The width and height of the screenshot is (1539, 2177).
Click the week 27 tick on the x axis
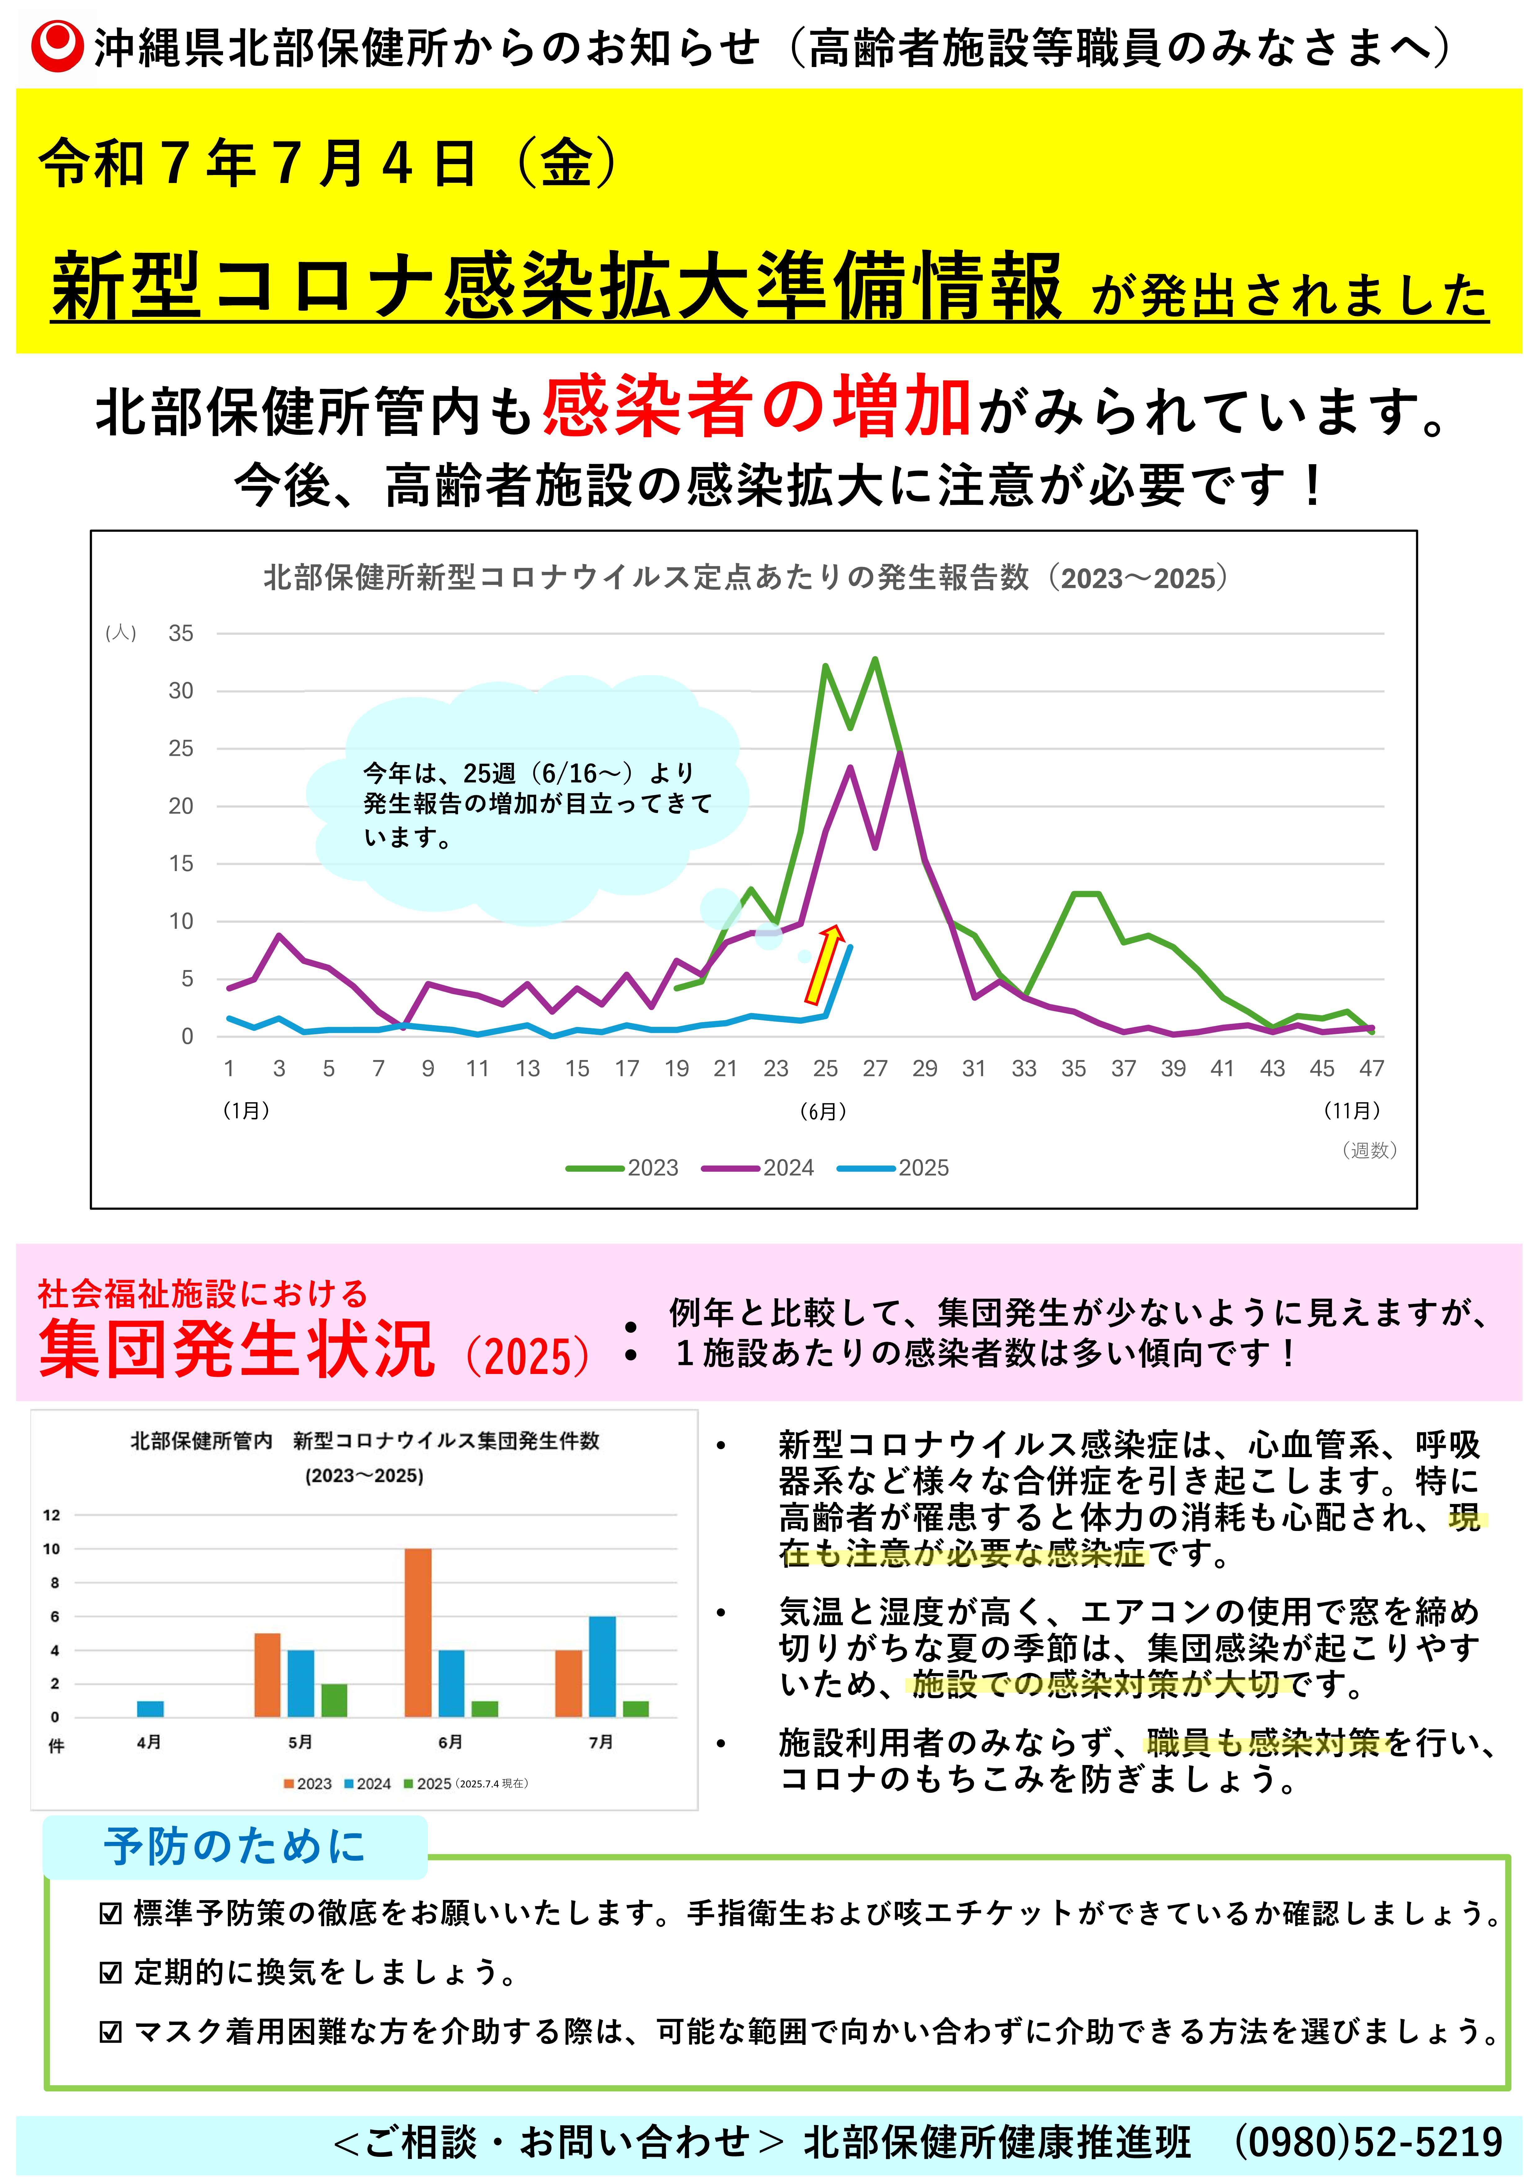[874, 1069]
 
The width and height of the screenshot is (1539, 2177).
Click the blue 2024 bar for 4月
[150, 1708]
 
